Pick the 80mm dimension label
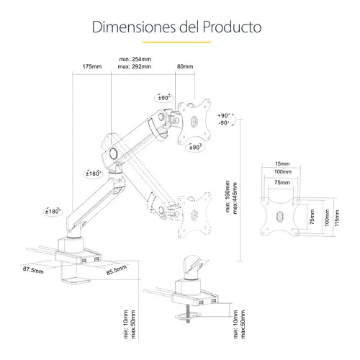(185, 66)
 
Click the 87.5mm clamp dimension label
(33, 270)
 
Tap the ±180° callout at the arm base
(53, 211)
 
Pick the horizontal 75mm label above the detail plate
(282, 182)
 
